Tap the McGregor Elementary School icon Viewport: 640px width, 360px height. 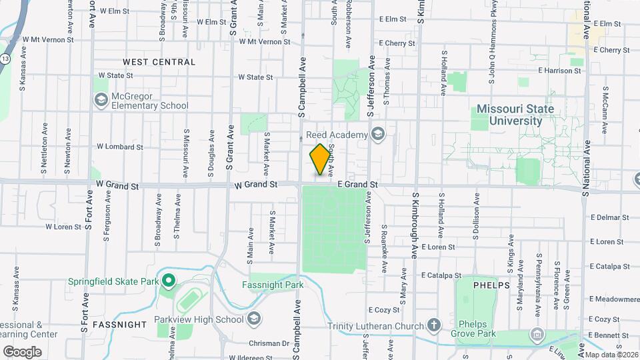(x=101, y=100)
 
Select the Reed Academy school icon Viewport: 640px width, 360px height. (x=378, y=135)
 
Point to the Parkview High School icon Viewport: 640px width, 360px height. (x=253, y=319)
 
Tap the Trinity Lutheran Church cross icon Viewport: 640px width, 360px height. (x=433, y=326)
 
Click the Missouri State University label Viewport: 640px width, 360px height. (x=515, y=115)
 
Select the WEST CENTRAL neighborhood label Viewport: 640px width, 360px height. (x=159, y=62)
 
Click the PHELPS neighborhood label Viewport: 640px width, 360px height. (x=491, y=285)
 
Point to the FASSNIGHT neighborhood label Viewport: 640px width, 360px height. (x=120, y=325)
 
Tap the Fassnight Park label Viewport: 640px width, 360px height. (x=273, y=285)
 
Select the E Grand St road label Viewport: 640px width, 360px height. (x=357, y=184)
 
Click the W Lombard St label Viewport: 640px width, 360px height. (x=120, y=146)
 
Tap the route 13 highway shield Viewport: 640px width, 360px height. (x=5, y=59)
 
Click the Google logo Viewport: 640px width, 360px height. (x=22, y=351)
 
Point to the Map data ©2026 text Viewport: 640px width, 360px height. (x=611, y=354)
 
